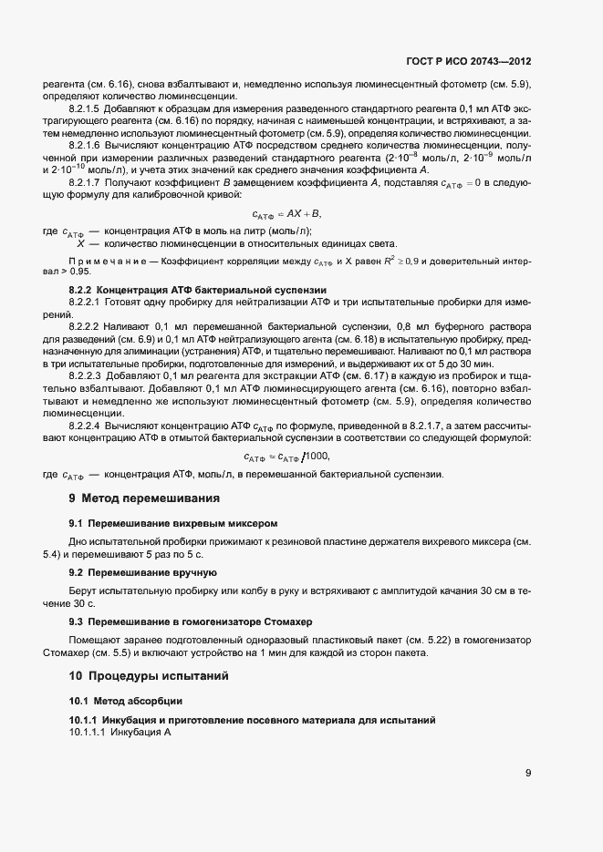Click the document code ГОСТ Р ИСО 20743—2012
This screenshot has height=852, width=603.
[468, 62]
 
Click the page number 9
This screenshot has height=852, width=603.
[528, 774]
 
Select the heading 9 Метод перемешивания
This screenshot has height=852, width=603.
[144, 498]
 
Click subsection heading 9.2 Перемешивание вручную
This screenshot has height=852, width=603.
[142, 572]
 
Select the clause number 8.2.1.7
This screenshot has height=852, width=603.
[84, 182]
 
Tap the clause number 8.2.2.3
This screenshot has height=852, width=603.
[84, 375]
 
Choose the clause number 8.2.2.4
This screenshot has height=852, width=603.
[84, 425]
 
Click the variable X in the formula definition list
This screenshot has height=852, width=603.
[81, 243]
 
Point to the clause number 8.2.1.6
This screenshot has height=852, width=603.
[84, 146]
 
